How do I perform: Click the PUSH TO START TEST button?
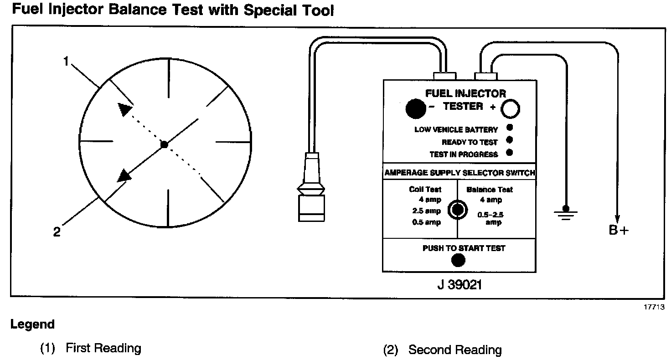point(458,260)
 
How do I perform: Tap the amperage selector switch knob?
point(457,210)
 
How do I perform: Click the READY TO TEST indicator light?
point(510,140)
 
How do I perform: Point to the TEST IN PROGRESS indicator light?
point(510,153)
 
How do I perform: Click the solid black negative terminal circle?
point(415,108)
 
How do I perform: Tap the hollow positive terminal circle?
point(511,109)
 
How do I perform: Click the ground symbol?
point(567,212)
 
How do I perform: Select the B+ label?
point(619,231)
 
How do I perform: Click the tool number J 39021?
point(459,285)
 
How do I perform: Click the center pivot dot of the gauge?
point(165,144)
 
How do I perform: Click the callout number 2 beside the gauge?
point(57,232)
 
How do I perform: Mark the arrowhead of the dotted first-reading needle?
point(124,109)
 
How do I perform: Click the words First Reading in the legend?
point(103,349)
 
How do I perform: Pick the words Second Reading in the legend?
point(454,350)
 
